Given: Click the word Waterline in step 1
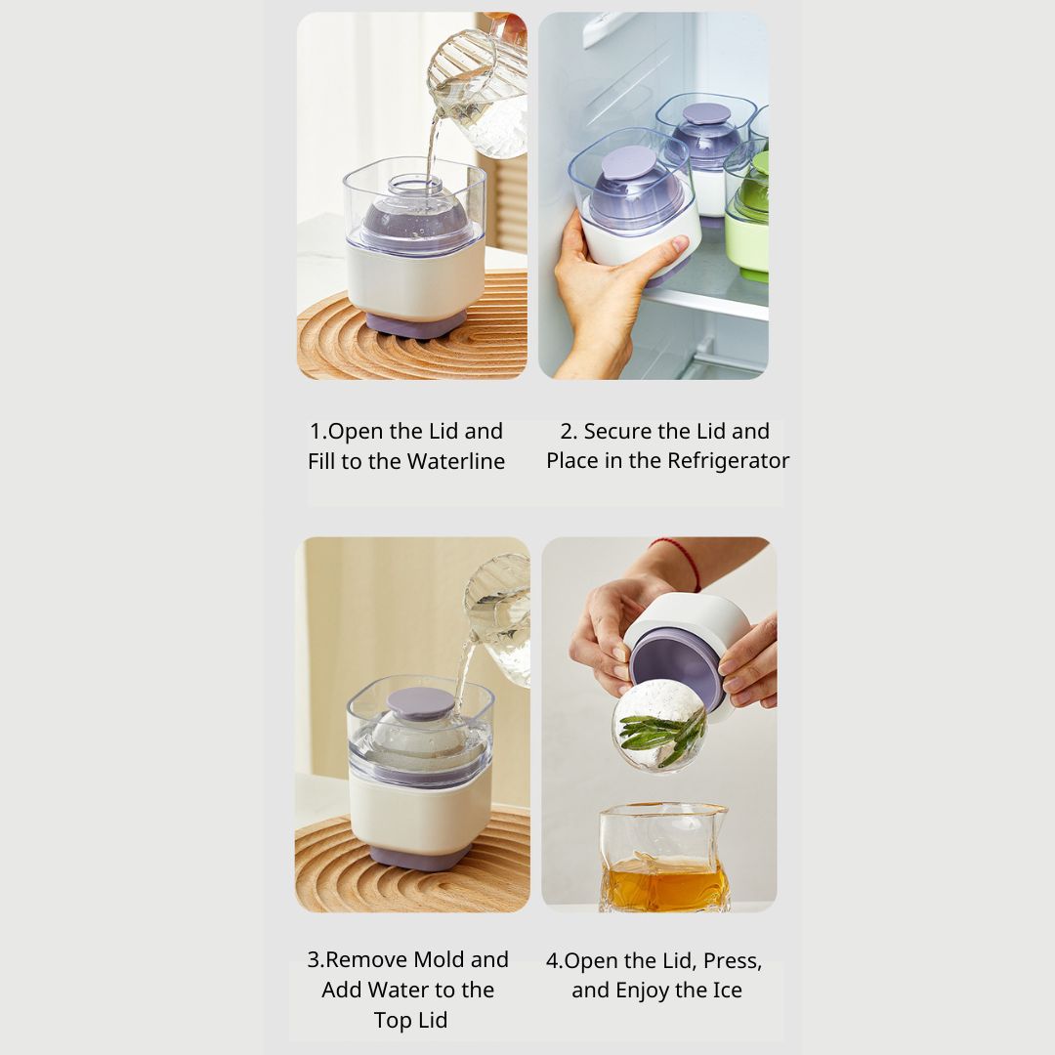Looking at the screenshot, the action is [455, 461].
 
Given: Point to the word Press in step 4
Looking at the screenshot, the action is [732, 961].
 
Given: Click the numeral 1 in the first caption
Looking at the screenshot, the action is [315, 432].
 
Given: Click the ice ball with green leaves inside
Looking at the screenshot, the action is [658, 725].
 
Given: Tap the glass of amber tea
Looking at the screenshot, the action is [663, 858].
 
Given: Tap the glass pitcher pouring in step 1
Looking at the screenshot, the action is [478, 93].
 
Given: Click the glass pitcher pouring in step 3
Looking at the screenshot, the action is [499, 619].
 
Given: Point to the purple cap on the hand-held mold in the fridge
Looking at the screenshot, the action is [629, 163].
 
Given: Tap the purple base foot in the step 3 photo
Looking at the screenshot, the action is [420, 858].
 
